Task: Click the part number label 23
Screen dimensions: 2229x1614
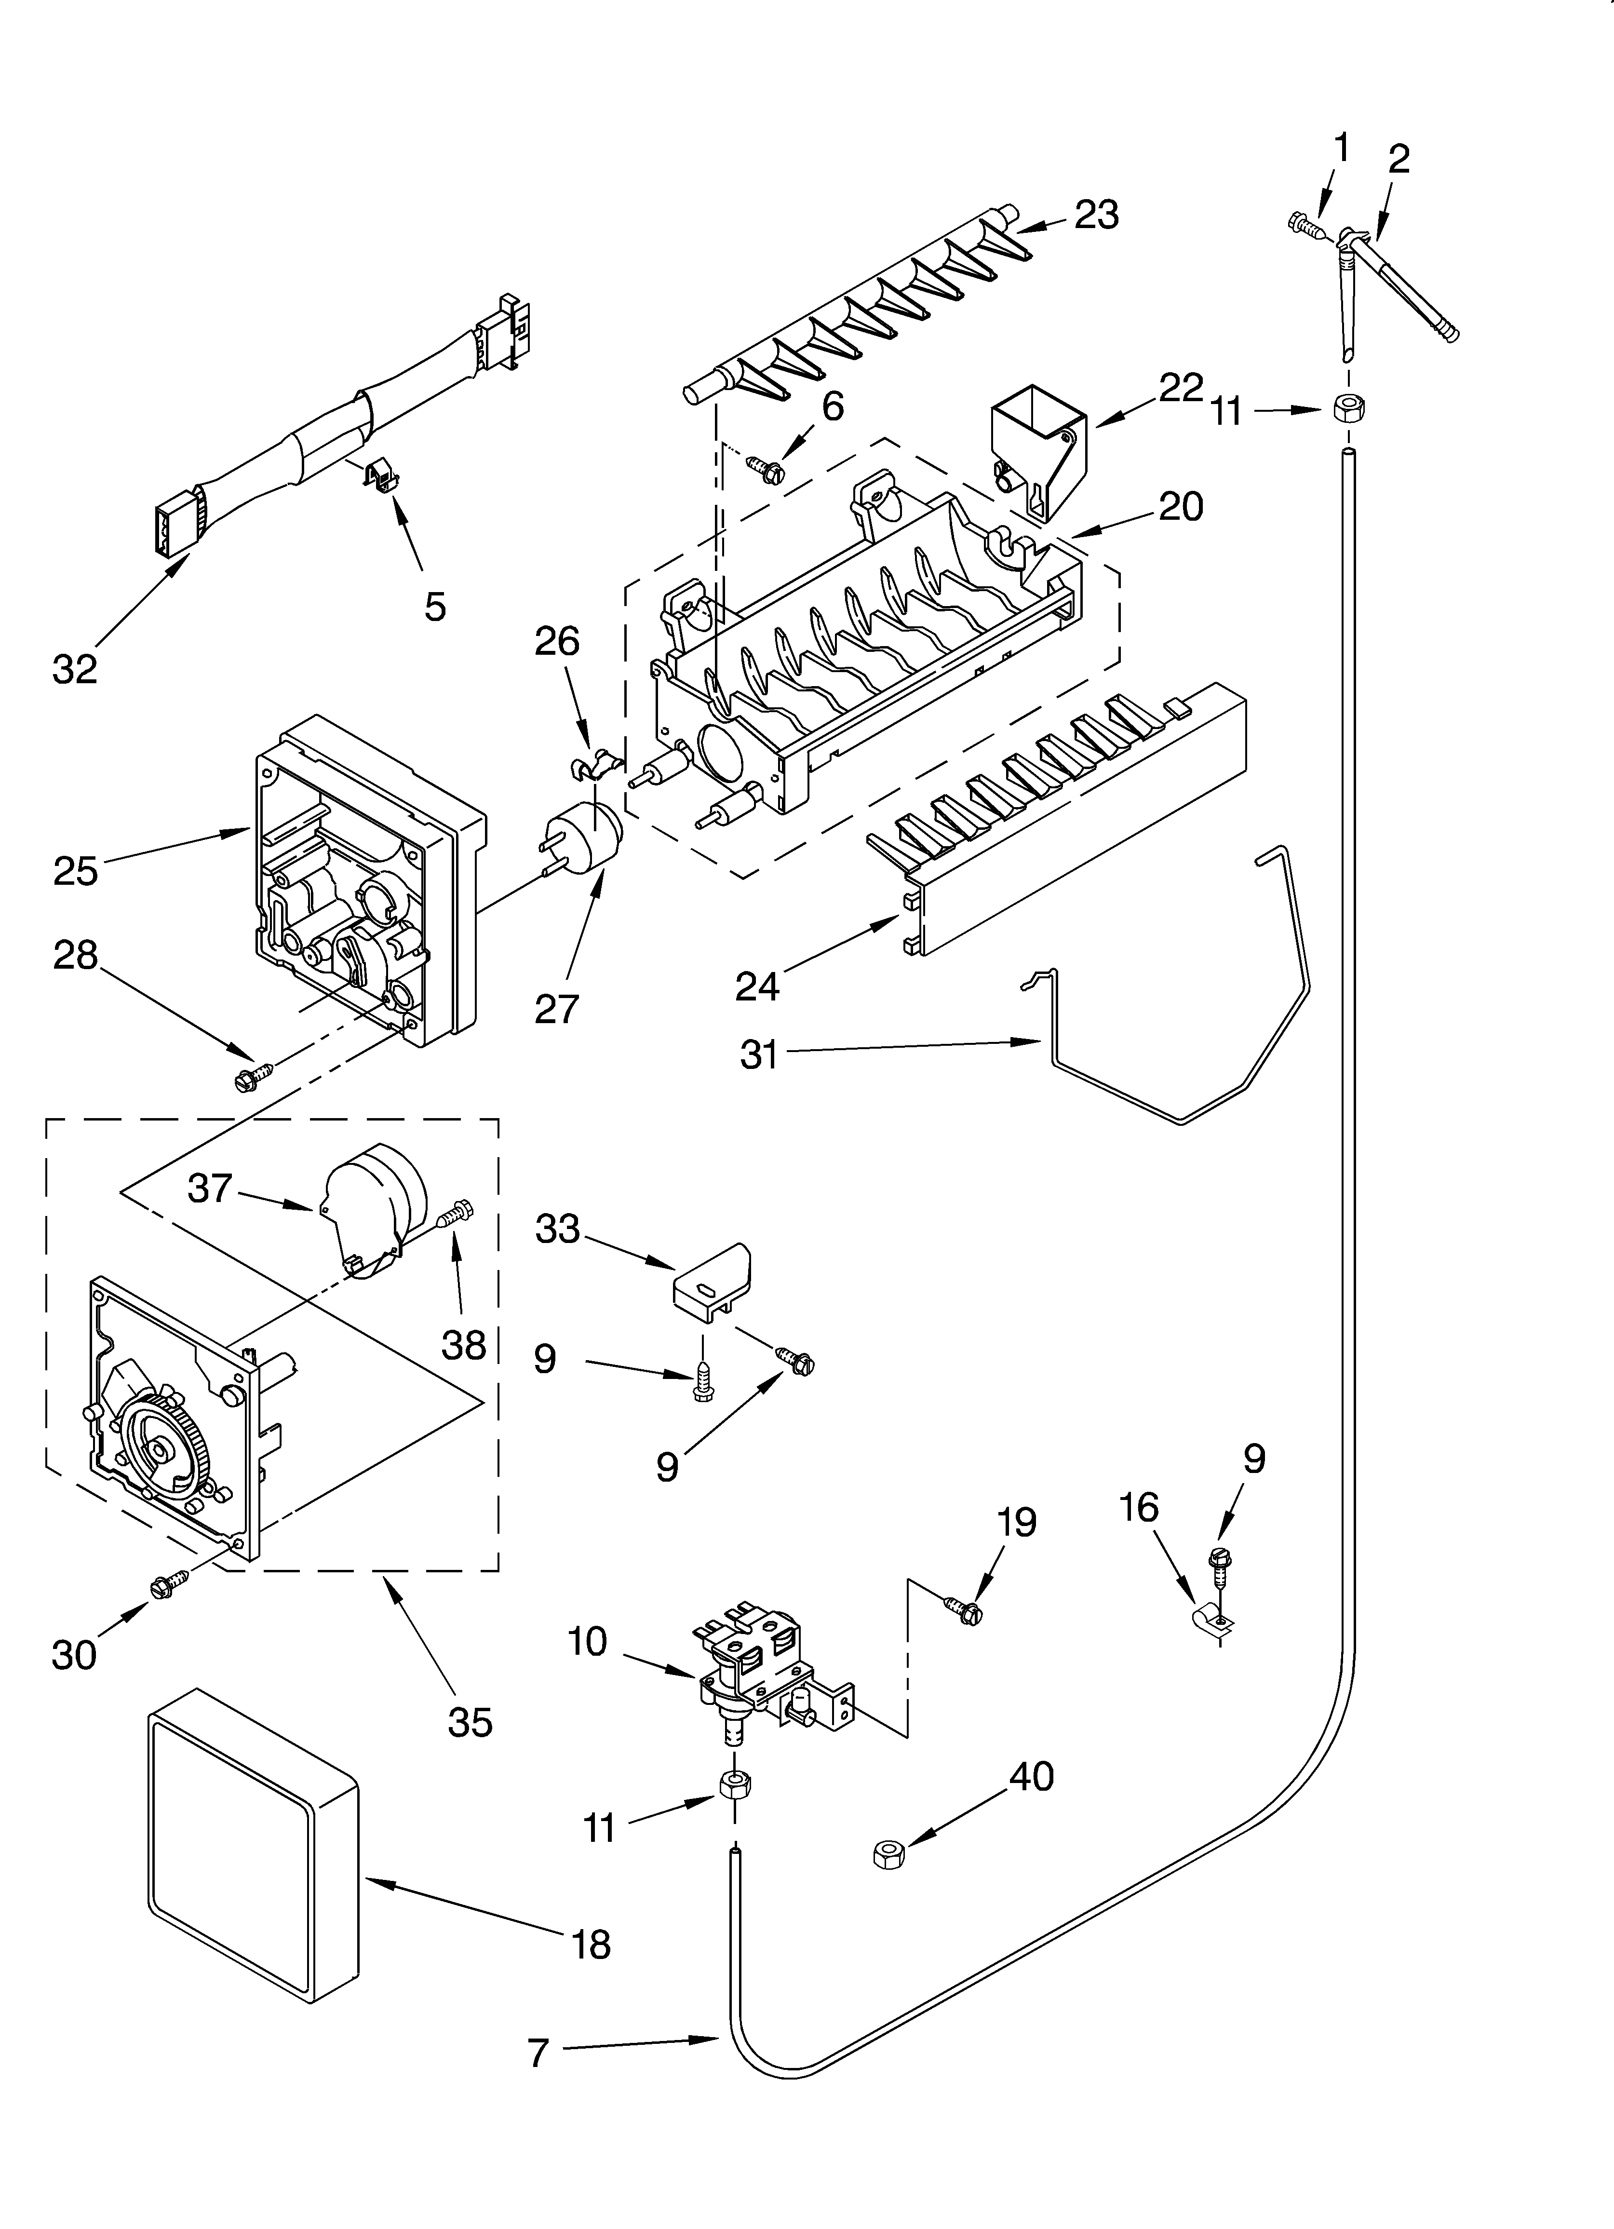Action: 1096,214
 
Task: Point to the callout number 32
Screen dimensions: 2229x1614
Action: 75,669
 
